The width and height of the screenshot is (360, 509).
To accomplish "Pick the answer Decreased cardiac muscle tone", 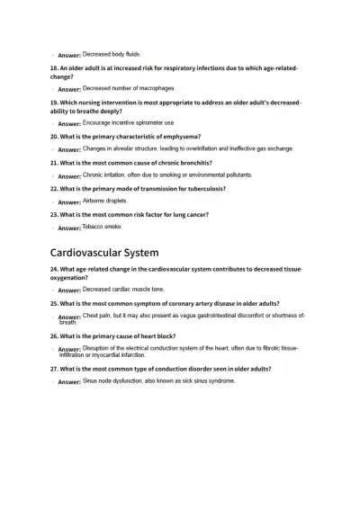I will tap(123, 290).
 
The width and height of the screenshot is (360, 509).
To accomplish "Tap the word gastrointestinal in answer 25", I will tap(205, 316).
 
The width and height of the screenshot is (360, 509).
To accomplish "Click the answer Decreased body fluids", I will tap(111, 54).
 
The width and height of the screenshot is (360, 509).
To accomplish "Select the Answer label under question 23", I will tap(68, 228).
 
